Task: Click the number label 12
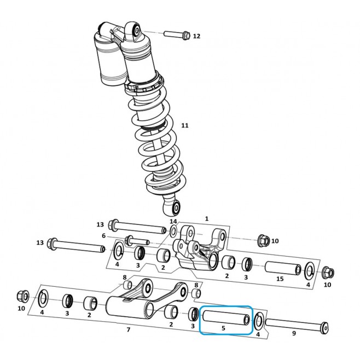(196, 36)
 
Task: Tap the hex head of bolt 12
(186, 36)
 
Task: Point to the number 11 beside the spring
(185, 125)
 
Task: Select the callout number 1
(207, 219)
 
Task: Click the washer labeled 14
(173, 231)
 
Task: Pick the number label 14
(173, 222)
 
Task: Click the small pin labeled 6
(137, 241)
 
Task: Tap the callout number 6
(103, 236)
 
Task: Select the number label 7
(129, 330)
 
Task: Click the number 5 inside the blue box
(223, 328)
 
